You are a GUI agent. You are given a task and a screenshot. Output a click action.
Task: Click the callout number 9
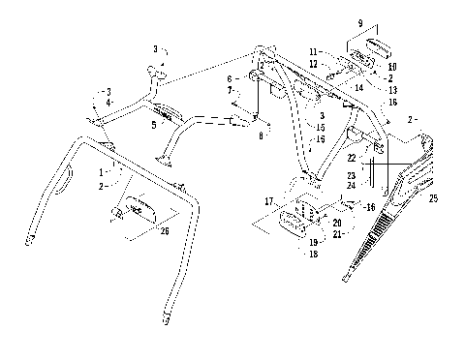359,22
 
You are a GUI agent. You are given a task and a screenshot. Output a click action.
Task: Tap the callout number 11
313,50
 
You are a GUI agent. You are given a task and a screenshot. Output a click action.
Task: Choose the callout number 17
269,200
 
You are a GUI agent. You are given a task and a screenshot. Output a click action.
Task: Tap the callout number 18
312,254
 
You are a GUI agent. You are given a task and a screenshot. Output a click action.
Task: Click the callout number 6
230,78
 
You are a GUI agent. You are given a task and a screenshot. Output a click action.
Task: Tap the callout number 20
336,222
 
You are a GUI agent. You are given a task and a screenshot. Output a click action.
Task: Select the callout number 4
108,101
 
